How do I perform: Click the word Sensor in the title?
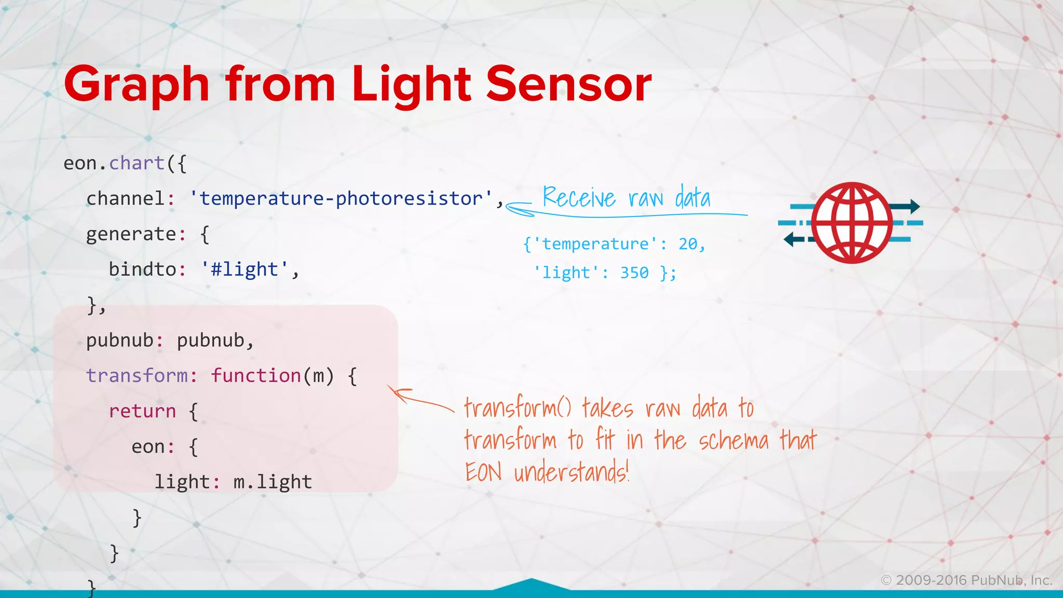(568, 84)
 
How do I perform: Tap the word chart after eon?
(137, 164)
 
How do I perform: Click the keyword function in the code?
(256, 375)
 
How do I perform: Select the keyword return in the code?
(142, 411)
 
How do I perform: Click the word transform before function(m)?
(137, 375)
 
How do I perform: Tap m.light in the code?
(272, 482)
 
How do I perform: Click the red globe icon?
(852, 223)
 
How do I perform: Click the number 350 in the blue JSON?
(634, 273)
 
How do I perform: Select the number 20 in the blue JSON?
(688, 244)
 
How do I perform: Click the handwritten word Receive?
(579, 198)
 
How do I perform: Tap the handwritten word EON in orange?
(483, 472)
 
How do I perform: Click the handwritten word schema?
(733, 441)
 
